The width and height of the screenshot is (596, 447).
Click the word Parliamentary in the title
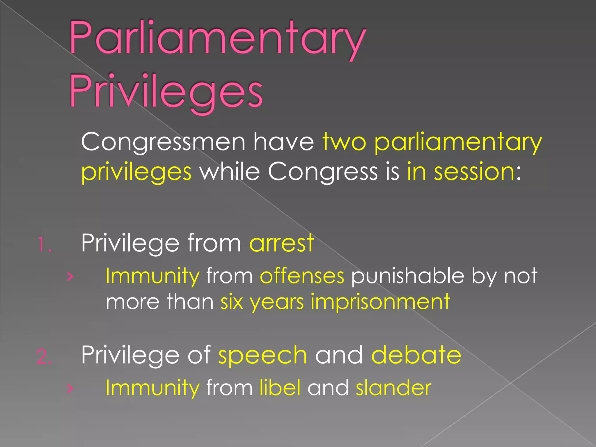[x=217, y=39]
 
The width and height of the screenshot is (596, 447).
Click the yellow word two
[x=344, y=142]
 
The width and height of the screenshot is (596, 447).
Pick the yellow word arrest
[x=281, y=243]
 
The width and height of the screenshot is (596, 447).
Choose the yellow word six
[x=232, y=301]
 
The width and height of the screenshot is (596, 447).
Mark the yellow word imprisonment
[x=380, y=302]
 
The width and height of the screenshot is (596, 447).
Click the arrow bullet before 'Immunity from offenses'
[x=70, y=277]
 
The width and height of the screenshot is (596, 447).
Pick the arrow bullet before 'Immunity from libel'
[x=70, y=389]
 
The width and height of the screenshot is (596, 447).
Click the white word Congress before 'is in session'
[x=322, y=172]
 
